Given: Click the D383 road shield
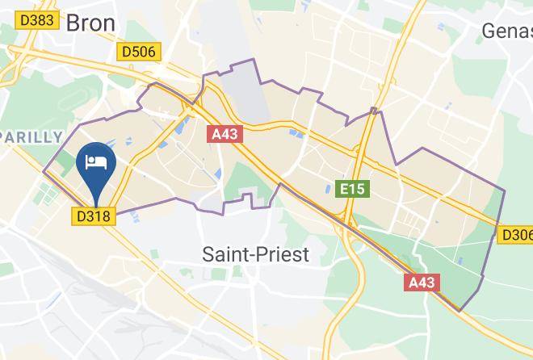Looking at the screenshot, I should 36,19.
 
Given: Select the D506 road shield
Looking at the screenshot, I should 139,52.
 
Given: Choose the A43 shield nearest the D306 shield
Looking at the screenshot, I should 422,283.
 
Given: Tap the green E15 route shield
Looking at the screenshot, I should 352,189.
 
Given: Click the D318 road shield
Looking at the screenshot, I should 95,216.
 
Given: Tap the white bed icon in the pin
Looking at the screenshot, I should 96,161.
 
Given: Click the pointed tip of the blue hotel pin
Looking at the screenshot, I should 96,207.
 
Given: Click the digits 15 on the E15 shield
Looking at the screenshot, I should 358,189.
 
